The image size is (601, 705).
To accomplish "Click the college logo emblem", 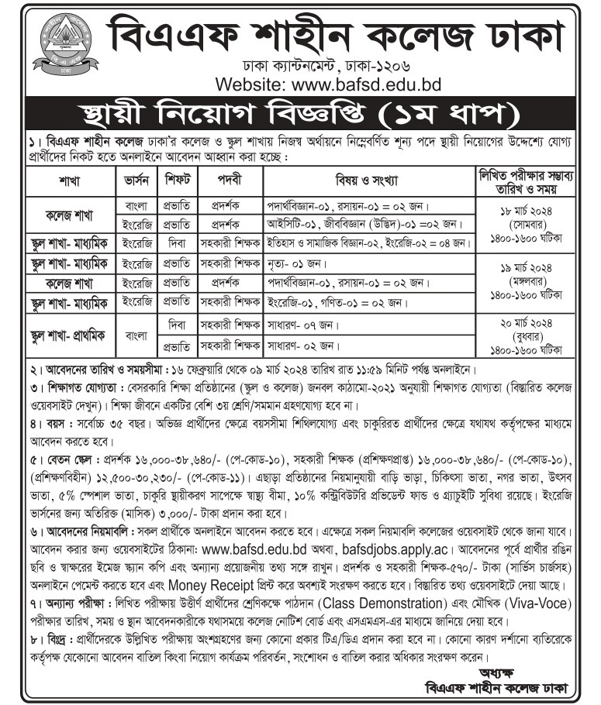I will pyautogui.click(x=48, y=43).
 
